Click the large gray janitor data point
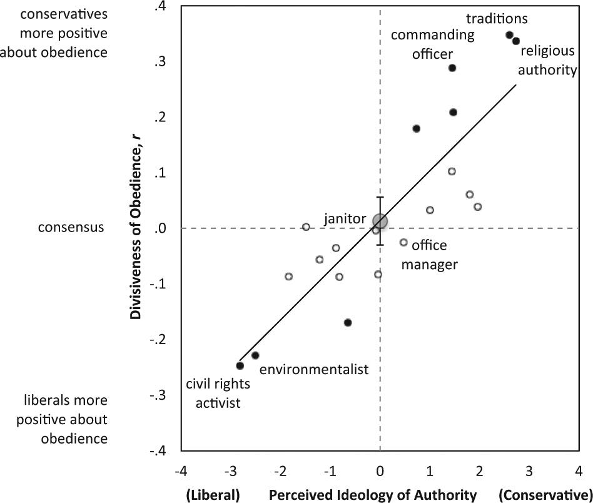click(380, 221)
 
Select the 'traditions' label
click(498, 19)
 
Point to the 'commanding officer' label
click(432, 44)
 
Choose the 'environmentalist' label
click(313, 369)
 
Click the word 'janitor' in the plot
click(345, 219)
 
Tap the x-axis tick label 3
click(529, 470)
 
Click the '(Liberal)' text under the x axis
click(213, 495)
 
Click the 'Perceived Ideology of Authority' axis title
click(373, 495)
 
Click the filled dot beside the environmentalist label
click(255, 355)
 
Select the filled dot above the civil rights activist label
click(240, 365)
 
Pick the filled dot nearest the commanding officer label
click(452, 68)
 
